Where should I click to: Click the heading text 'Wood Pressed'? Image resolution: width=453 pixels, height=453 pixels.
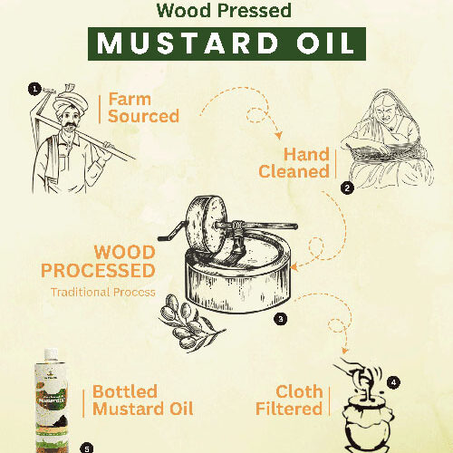[x=225, y=12]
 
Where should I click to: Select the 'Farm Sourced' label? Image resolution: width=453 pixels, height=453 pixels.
[x=143, y=108]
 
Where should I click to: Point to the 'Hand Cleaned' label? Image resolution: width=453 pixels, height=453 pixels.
[x=294, y=163]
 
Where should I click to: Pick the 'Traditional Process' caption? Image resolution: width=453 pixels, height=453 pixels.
[x=102, y=293]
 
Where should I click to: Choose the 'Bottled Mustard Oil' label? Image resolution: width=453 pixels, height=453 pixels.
[x=143, y=400]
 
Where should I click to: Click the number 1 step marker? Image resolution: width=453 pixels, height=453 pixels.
[x=34, y=89]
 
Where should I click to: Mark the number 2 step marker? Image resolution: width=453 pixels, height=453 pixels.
[x=346, y=188]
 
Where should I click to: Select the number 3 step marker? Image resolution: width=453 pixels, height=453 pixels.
[x=281, y=319]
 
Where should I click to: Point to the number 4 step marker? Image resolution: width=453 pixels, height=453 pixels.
[x=392, y=382]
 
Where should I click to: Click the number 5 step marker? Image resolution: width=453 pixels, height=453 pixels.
[x=87, y=447]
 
